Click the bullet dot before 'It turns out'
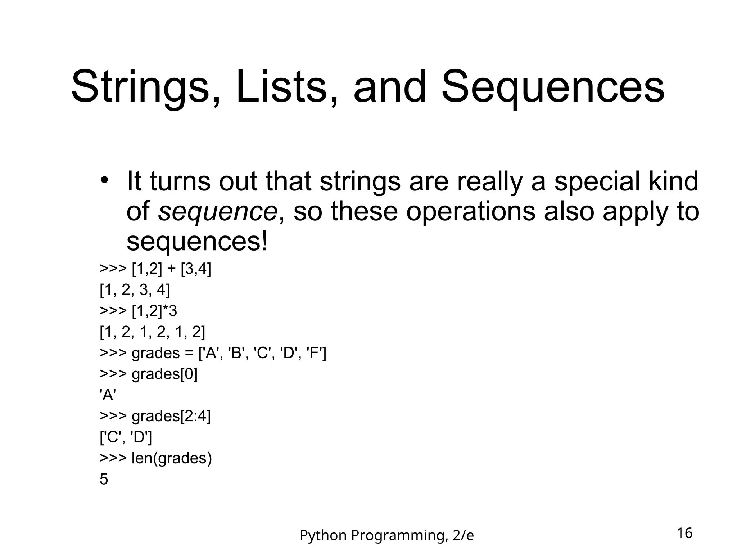click(104, 180)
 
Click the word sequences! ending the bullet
click(197, 242)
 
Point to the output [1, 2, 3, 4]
click(135, 290)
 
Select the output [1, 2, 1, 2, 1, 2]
click(152, 332)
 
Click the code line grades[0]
click(164, 374)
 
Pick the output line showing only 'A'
click(108, 395)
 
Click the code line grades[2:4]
click(171, 416)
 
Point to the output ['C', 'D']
click(126, 437)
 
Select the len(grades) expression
click(172, 458)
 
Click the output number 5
click(104, 480)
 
